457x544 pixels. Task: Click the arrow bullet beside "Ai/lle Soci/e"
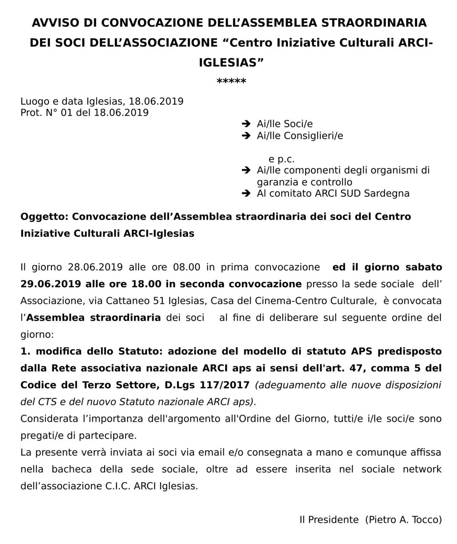246,124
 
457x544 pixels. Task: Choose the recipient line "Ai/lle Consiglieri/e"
300,136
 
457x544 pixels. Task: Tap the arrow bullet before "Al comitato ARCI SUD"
246,193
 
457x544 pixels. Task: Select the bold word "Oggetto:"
44,217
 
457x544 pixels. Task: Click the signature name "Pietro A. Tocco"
403,520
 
